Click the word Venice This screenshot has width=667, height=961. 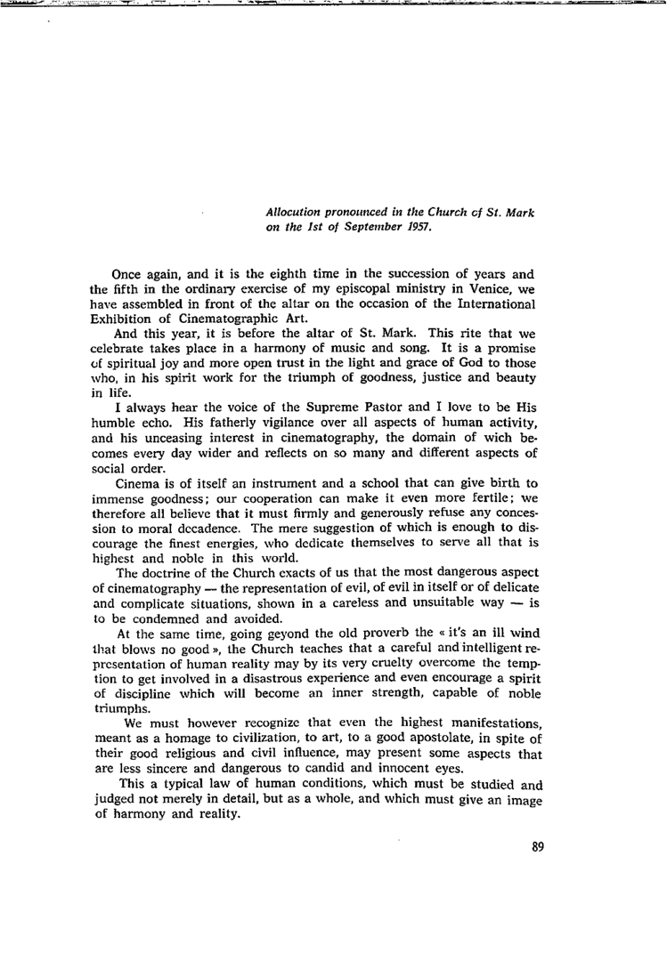coord(460,289)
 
